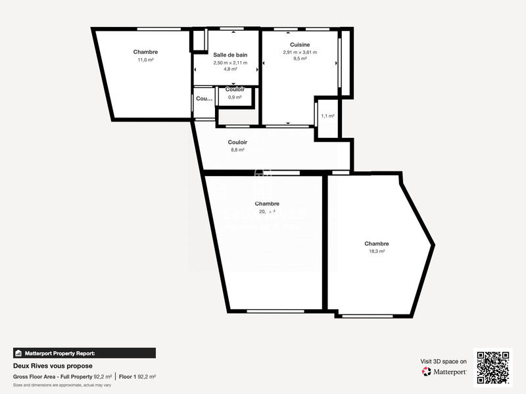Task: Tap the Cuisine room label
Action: pos(300,45)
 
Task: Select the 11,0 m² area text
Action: pos(145,60)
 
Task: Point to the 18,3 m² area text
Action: pos(377,251)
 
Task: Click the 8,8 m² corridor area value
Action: pos(237,150)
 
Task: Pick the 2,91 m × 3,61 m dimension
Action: pos(300,53)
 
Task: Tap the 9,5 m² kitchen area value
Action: pos(300,58)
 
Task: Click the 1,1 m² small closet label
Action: pos(327,116)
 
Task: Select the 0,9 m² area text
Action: pos(235,97)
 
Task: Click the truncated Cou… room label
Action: pos(204,98)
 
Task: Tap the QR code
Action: pos(493,368)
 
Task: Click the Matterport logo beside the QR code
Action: pos(444,372)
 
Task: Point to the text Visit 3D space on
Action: pos(444,361)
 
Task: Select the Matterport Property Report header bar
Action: pos(84,353)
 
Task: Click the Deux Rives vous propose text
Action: pos(53,366)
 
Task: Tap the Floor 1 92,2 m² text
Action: pos(137,377)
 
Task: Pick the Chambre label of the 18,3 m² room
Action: pos(377,243)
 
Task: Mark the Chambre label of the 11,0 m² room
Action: pos(145,52)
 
